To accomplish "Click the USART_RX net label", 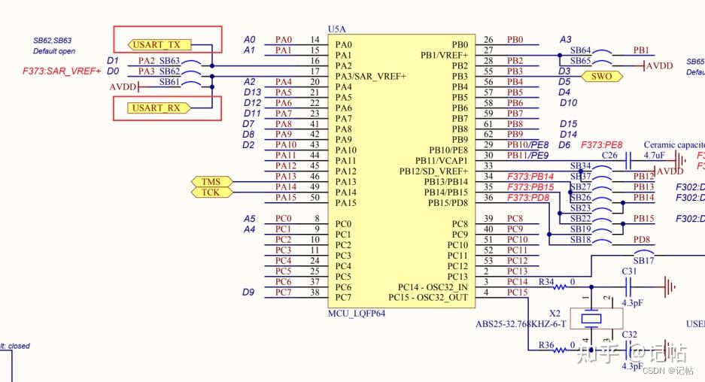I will pos(157,108).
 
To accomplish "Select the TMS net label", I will pos(210,182).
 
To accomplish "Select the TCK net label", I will pos(210,193).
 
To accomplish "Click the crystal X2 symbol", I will pos(594,320).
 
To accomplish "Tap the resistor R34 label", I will pos(546,282).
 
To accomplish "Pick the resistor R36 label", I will pos(546,345).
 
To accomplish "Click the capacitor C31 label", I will pos(630,271).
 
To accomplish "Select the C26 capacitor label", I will pos(610,155).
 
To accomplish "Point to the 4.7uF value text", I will pos(655,155).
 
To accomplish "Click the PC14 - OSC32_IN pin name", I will pos(433,286).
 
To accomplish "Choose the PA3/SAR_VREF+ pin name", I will pos(371,77).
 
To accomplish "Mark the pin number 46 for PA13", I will pos(316,176).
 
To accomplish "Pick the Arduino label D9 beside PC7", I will pos(248,292).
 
